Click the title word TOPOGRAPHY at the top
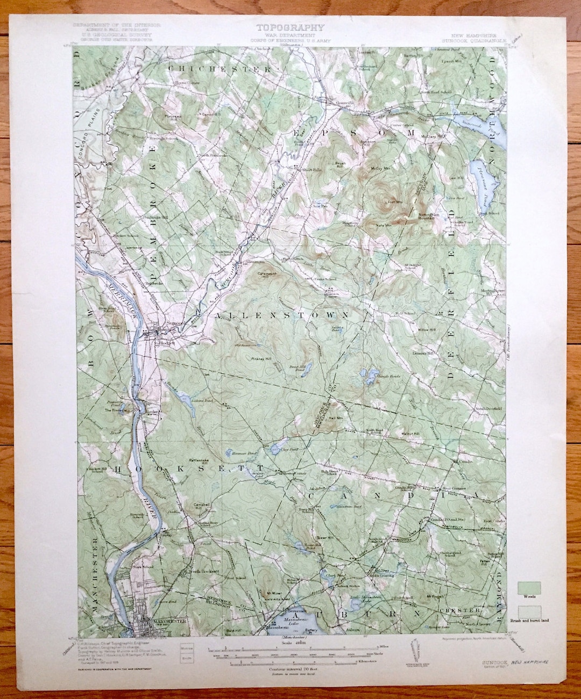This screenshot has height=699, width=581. [x=290, y=27]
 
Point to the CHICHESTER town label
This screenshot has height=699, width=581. [x=220, y=69]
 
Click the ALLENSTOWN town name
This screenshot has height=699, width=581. [x=282, y=315]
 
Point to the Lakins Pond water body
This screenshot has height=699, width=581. [x=184, y=399]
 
